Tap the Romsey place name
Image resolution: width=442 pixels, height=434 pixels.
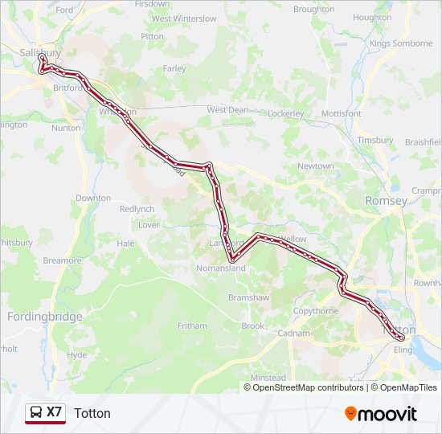[x=387, y=200]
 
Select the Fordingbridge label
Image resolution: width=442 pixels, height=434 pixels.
[x=44, y=317]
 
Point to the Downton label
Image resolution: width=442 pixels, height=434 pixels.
[x=93, y=198]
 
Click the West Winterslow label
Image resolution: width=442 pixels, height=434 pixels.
[x=184, y=18]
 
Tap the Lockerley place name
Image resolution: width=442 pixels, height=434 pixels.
[x=286, y=114]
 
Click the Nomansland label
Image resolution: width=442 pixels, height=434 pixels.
[x=221, y=268]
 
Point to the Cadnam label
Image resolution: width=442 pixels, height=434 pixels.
[x=293, y=333]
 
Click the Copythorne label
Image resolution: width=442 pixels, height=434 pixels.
[x=316, y=310]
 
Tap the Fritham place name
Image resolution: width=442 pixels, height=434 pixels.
[x=192, y=326]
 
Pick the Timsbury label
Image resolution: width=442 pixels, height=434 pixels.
[x=376, y=140]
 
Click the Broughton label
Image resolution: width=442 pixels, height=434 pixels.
[x=313, y=10]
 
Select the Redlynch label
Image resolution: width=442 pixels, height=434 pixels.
[x=137, y=209]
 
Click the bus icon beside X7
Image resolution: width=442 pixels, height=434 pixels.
[x=35, y=413]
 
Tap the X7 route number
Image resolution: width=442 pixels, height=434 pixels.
[x=54, y=412]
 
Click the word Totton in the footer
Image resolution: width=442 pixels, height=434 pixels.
[x=92, y=413]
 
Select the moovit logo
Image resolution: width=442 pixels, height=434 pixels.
[x=381, y=413]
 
